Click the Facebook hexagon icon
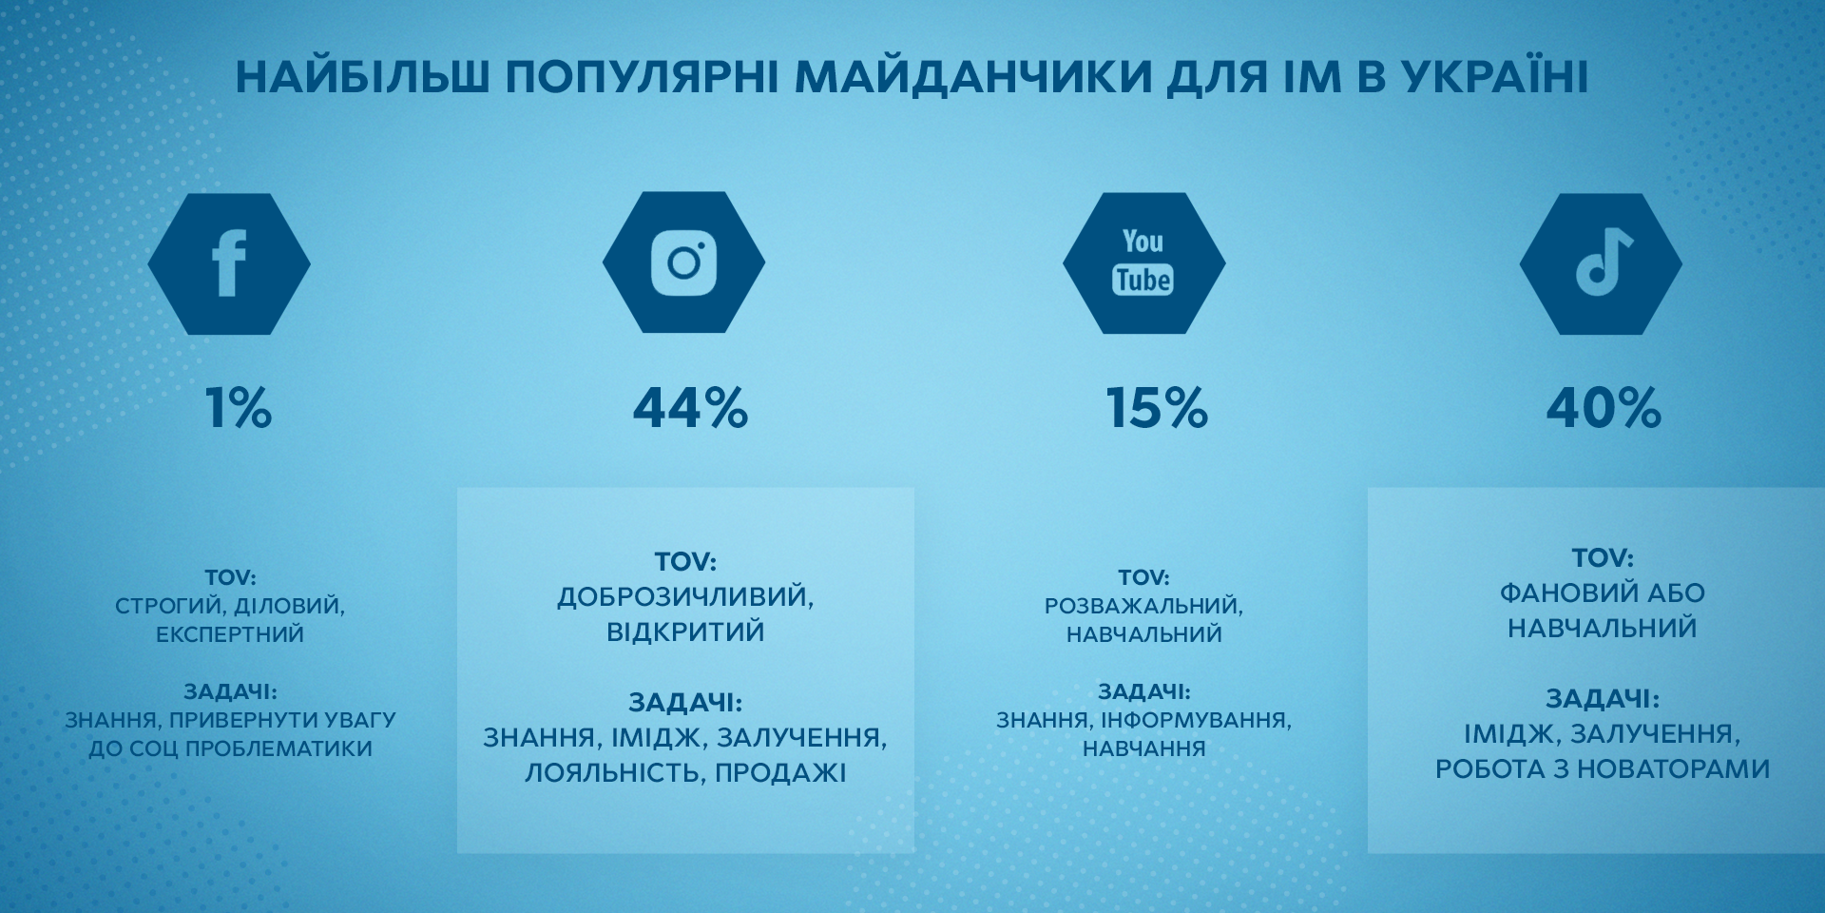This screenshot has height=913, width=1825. [229, 263]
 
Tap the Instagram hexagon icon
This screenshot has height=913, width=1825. [683, 262]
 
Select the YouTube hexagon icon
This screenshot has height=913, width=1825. [1143, 263]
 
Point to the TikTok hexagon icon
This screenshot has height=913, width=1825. [1601, 263]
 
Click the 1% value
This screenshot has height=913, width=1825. [239, 408]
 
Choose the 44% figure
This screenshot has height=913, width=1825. [691, 408]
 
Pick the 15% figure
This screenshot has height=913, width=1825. [1157, 408]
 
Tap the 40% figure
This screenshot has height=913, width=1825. [1604, 408]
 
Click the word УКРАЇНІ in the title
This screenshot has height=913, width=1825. [1494, 78]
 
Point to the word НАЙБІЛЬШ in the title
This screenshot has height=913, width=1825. [362, 78]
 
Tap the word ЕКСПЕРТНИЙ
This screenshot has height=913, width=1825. [230, 634]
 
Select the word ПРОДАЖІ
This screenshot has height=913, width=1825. [780, 772]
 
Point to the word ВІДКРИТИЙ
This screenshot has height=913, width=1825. [685, 632]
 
